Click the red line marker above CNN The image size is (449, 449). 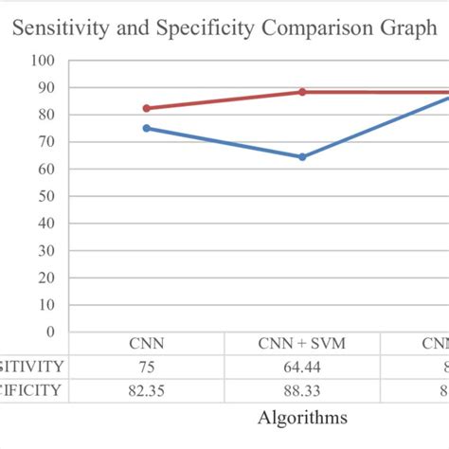146,108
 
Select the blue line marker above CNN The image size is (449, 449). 146,128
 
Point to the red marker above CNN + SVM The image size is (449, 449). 302,92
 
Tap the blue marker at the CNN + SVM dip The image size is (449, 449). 302,156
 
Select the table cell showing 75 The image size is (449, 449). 146,367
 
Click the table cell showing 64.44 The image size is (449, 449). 302,367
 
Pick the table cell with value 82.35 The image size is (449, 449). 146,389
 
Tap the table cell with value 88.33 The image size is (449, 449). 302,389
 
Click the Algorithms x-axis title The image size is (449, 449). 302,418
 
